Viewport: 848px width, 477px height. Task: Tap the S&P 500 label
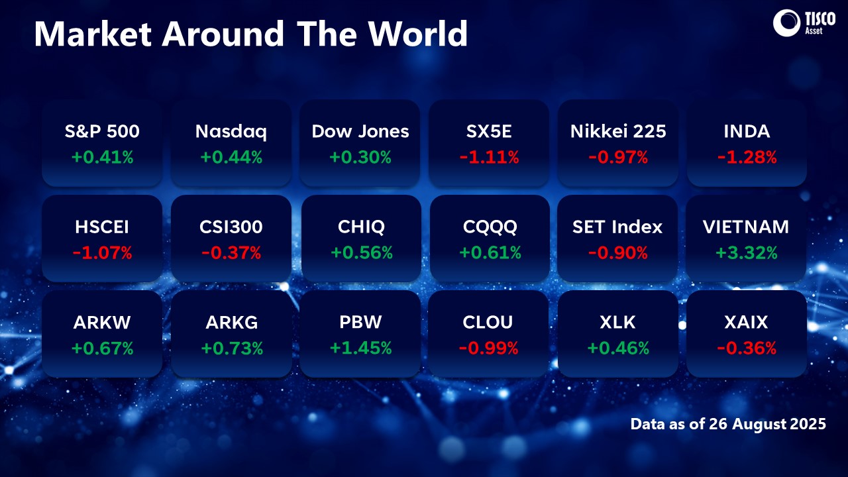point(102,131)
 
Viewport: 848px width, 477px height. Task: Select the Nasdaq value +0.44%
point(231,157)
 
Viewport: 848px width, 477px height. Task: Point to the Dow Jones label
point(360,131)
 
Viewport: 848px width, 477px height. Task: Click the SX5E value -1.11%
point(490,157)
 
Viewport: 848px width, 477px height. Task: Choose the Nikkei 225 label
point(618,131)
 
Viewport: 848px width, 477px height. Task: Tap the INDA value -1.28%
point(747,157)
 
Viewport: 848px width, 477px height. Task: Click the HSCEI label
point(102,227)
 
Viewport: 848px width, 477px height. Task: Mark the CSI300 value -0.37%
point(231,252)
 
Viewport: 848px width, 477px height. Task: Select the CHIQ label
point(360,227)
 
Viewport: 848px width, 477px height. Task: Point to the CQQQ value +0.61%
point(490,252)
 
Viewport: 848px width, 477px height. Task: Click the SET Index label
point(618,227)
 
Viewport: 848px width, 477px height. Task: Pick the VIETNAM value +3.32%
point(747,252)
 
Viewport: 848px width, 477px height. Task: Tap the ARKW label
point(102,322)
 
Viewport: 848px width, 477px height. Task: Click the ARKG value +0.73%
point(231,348)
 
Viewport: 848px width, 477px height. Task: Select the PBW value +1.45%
point(360,348)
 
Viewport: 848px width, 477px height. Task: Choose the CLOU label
point(490,322)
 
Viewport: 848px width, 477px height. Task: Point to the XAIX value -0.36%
point(747,348)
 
